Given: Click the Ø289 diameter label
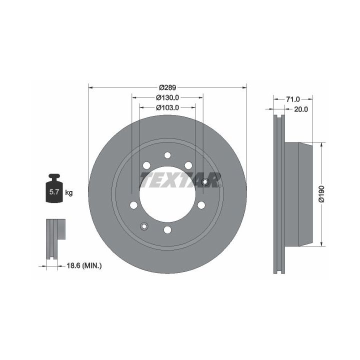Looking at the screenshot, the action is pos(167,87).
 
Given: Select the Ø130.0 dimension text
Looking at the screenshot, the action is pos(167,98).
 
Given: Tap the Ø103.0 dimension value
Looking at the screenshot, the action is pos(167,107).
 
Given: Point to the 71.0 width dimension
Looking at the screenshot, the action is pos(293,99).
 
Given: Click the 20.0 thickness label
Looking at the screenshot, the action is pos(301,109).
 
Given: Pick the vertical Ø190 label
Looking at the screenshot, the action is pos(321,194).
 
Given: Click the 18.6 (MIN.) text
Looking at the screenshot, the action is pos(84,266).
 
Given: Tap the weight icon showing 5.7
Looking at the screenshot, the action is pos(54,188).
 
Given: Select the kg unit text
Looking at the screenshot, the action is pos(68,192).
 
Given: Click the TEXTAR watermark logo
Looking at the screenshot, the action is pos(180,180).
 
